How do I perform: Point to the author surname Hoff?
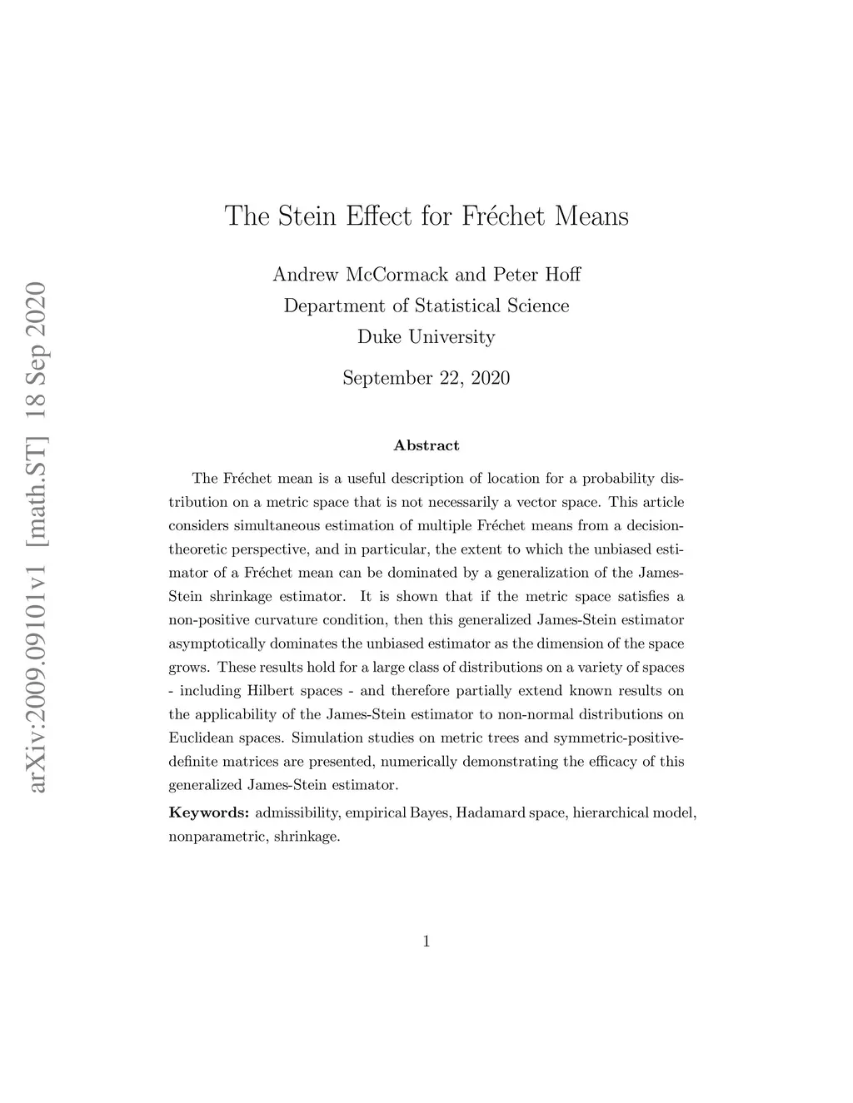click(x=561, y=274)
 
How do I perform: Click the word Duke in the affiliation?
click(x=378, y=337)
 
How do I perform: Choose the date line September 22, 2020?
click(x=426, y=378)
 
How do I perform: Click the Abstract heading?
click(x=426, y=445)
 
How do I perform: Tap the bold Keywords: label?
click(x=209, y=812)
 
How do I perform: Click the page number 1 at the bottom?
click(x=426, y=942)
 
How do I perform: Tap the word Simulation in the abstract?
click(x=326, y=738)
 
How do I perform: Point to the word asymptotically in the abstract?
click(x=217, y=643)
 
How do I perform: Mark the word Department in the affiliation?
click(x=333, y=306)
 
